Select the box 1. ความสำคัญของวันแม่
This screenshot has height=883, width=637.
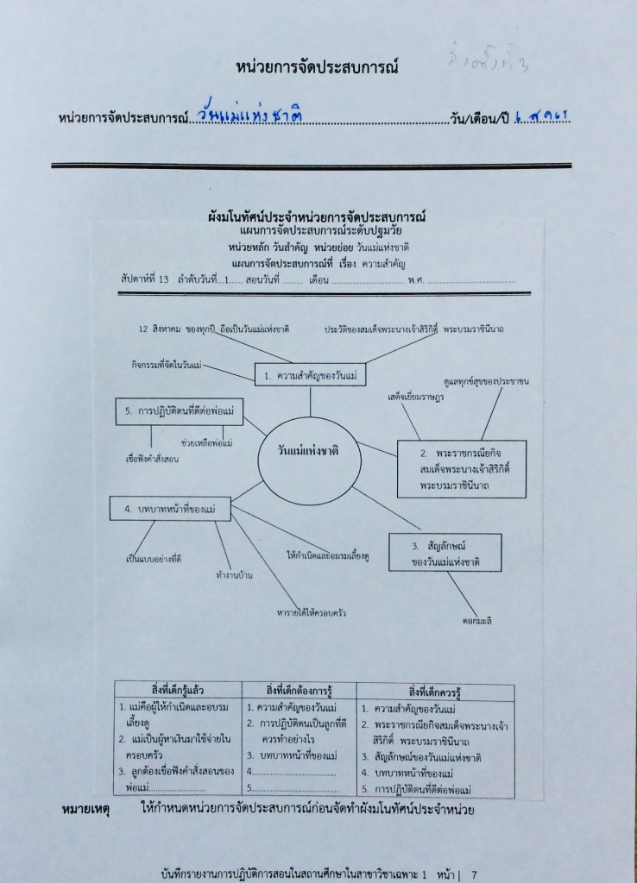[x=311, y=375]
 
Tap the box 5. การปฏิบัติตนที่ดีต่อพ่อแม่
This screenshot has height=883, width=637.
[x=180, y=411]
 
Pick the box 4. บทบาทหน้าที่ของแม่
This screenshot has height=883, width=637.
[x=170, y=509]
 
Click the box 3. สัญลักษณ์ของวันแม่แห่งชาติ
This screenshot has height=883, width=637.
[x=445, y=553]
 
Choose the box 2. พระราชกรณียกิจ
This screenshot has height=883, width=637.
[x=461, y=469]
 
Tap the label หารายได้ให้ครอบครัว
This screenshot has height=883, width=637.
[x=312, y=612]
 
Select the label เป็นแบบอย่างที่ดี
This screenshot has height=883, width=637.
[x=154, y=559]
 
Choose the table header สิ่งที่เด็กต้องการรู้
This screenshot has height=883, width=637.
[x=300, y=691]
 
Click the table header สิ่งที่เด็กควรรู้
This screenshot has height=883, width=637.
[x=434, y=691]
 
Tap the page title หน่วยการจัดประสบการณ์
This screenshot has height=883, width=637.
[x=317, y=66]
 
